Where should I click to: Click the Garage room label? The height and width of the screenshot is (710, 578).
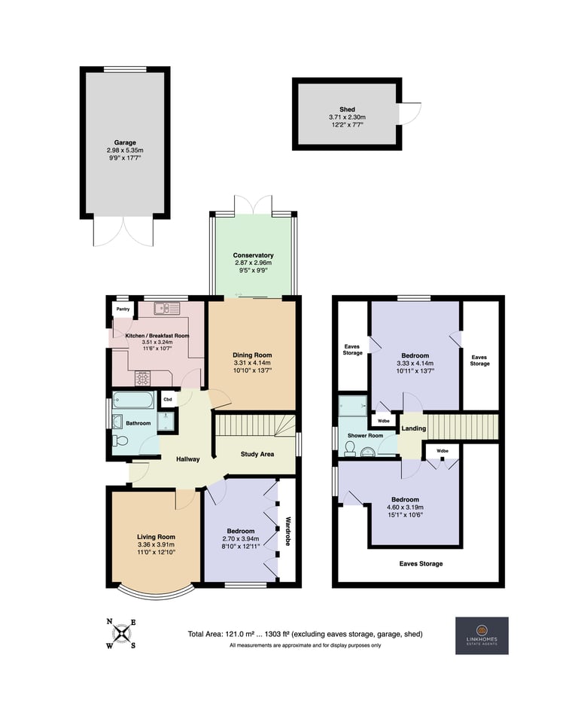click(125, 142)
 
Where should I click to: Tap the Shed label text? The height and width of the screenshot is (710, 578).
click(347, 110)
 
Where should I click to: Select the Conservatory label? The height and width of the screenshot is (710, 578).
click(253, 255)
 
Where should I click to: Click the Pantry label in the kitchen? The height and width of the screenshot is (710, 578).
click(123, 309)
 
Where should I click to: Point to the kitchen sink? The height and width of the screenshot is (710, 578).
click(167, 309)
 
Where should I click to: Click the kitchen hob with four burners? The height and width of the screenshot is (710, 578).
click(142, 378)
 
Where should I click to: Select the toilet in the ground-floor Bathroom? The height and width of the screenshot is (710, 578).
click(120, 440)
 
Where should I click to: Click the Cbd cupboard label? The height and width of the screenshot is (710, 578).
click(168, 399)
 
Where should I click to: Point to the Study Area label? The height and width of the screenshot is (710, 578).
click(257, 454)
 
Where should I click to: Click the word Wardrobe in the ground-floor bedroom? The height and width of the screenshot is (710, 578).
click(287, 531)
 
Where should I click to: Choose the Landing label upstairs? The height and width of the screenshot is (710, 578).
click(414, 428)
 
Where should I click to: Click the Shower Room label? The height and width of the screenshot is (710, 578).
click(365, 436)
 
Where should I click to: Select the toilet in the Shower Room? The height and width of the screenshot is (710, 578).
click(350, 448)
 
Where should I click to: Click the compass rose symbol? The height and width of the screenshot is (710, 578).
click(121, 633)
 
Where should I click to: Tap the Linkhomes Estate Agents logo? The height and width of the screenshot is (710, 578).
click(482, 635)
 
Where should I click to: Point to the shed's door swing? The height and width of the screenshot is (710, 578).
click(410, 113)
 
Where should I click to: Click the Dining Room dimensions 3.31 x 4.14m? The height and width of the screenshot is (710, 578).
click(252, 363)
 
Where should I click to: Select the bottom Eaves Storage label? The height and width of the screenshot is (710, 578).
click(421, 564)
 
